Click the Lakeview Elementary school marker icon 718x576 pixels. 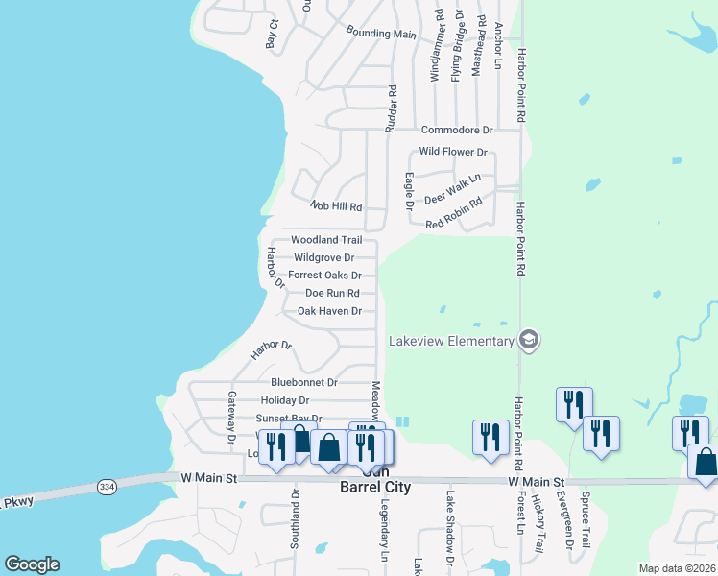(x=528, y=340)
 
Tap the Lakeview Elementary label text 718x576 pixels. (x=451, y=341)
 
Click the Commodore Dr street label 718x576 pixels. (x=456, y=130)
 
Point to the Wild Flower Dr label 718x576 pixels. (x=453, y=152)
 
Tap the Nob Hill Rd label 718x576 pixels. (x=336, y=206)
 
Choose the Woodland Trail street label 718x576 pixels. (x=326, y=239)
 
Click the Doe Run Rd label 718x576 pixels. (x=332, y=293)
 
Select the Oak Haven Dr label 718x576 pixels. (x=329, y=311)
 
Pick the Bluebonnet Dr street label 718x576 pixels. (x=304, y=381)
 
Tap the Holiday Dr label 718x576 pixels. (x=285, y=400)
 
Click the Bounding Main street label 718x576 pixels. (x=381, y=33)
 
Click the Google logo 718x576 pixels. (x=32, y=564)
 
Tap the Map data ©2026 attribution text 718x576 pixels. (x=677, y=568)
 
